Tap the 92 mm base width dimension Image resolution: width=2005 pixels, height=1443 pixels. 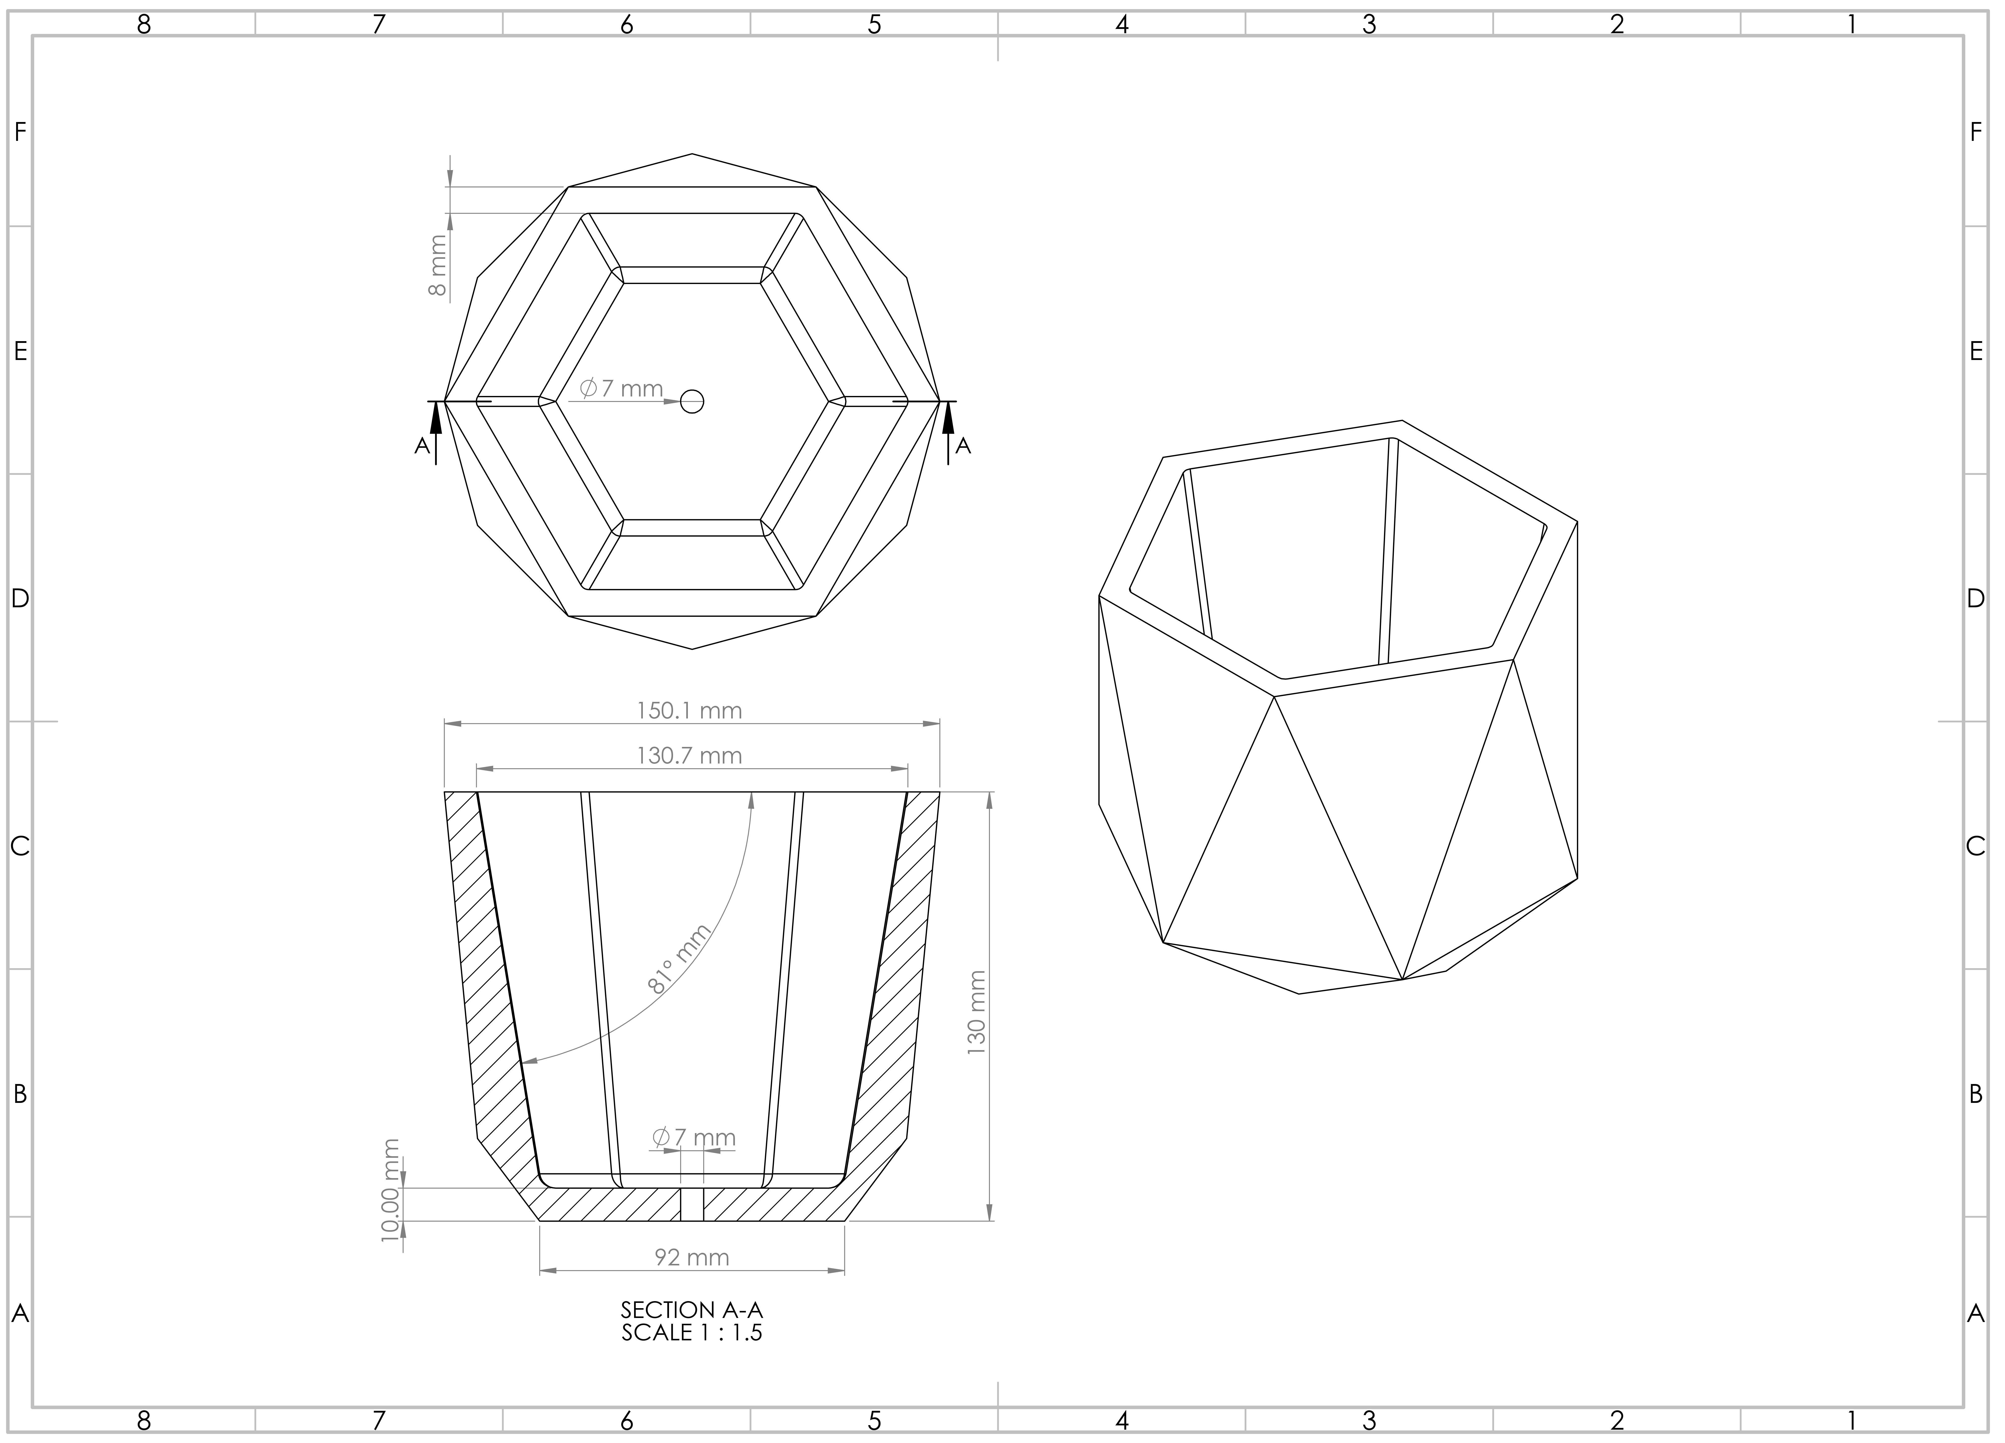(x=691, y=1257)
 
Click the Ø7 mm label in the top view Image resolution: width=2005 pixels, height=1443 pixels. (x=621, y=388)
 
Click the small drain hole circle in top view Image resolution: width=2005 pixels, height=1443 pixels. (x=692, y=402)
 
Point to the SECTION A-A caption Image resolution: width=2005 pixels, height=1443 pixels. (x=691, y=1309)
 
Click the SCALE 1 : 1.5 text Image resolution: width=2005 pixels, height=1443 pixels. (x=691, y=1333)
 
